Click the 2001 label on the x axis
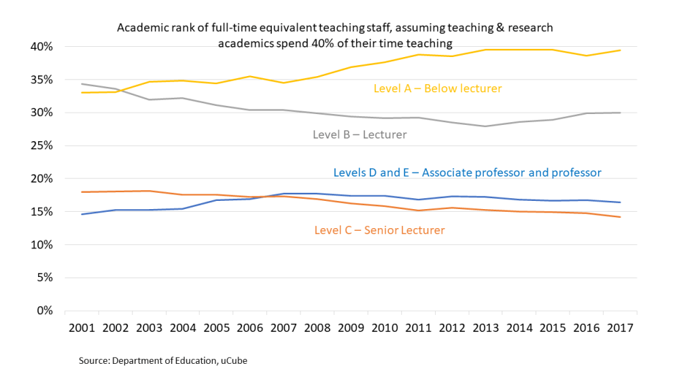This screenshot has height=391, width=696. pos(82,327)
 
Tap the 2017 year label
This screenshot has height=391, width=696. pos(619,327)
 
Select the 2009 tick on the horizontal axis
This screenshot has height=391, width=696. pos(351,327)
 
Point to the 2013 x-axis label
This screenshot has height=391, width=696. pos(485,327)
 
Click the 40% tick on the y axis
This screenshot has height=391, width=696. pos(41,47)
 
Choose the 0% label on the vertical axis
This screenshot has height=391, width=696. pos(44,310)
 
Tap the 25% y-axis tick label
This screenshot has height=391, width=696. pos(41,146)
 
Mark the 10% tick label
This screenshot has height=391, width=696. pos(41,244)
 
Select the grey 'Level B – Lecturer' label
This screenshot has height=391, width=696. pos(360,134)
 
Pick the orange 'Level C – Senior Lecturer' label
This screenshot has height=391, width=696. pos(379,230)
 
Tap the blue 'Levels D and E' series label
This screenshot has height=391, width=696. pos(467,172)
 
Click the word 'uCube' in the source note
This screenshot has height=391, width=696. pos(232,360)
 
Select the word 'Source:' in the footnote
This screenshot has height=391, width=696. pos(94,360)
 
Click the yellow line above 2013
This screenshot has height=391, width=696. pos(485,50)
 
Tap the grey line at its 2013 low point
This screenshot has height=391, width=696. pos(485,126)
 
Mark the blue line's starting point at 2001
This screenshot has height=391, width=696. pos(82,215)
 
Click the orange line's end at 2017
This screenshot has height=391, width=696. pos(619,217)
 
